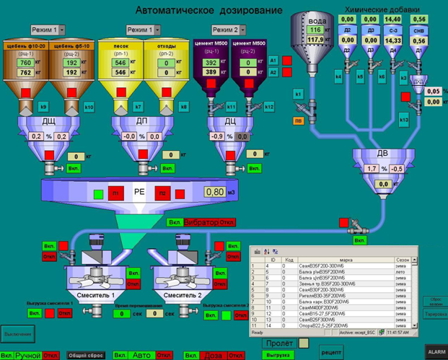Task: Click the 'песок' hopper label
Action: click(121, 45)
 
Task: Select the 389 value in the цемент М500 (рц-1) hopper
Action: click(211, 72)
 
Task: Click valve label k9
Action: click(43, 107)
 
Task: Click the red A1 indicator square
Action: click(286, 61)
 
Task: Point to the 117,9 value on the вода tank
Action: click(315, 40)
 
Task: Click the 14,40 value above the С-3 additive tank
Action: click(393, 19)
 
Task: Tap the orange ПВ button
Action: click(298, 120)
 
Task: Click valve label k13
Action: click(404, 120)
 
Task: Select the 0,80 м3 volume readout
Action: click(214, 192)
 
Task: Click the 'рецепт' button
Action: click(331, 351)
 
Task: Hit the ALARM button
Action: click(436, 351)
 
